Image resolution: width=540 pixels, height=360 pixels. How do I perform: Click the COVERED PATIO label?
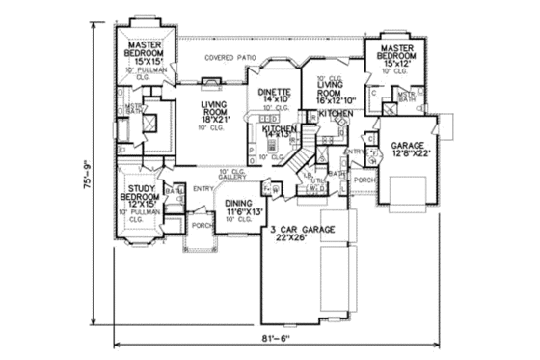tap(230, 58)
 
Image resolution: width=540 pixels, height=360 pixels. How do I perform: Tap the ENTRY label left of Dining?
tap(202, 189)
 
